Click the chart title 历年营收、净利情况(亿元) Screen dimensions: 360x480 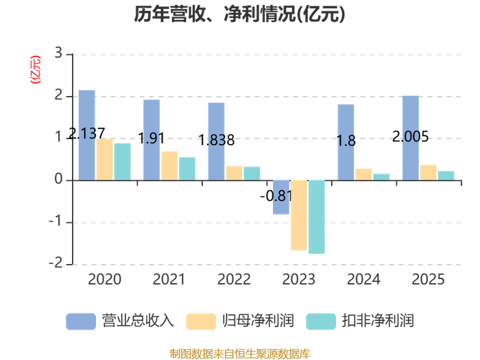(239, 15)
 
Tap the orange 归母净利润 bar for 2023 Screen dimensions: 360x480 (298, 215)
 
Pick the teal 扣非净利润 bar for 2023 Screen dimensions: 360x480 (316, 217)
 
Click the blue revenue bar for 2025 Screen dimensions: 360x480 (410, 138)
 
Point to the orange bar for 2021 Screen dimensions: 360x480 (169, 166)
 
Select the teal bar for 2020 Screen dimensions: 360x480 (123, 162)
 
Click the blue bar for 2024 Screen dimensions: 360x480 (346, 142)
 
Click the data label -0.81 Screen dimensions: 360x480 (276, 197)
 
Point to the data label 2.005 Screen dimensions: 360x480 (410, 136)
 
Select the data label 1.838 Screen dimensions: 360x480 (216, 141)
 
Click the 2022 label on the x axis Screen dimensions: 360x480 (234, 279)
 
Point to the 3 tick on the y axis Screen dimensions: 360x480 (58, 53)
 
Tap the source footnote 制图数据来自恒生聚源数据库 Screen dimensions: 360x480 (239, 353)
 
